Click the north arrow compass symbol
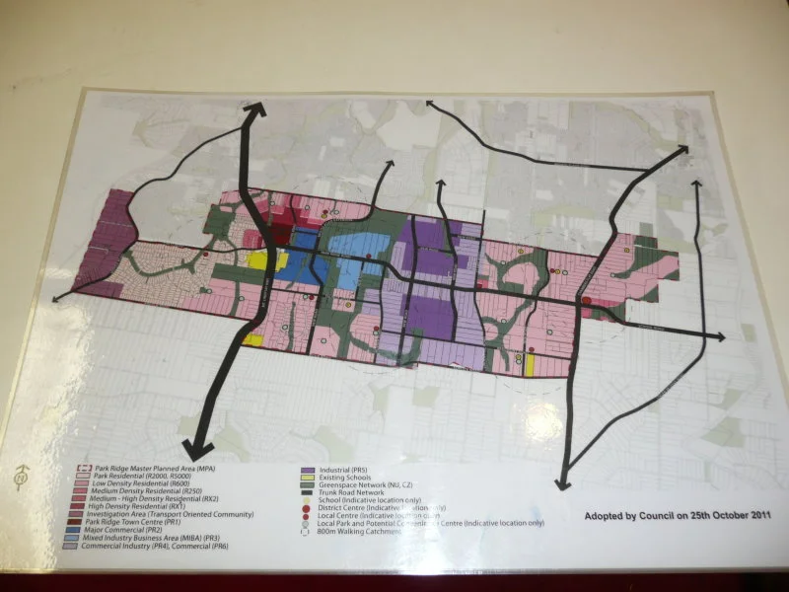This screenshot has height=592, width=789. tap(22, 477)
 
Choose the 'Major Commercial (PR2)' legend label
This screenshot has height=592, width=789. tap(129, 531)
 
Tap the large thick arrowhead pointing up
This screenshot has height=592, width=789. tap(255, 111)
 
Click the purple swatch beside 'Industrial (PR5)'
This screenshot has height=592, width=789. tap(309, 471)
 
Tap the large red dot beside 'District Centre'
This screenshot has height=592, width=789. tap(309, 507)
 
